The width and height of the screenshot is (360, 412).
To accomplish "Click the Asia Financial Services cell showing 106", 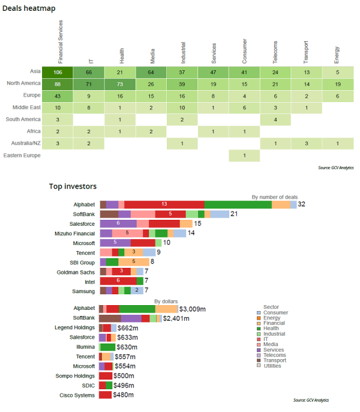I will (x=58, y=72).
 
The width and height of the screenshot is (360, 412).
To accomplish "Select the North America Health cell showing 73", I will (x=121, y=84).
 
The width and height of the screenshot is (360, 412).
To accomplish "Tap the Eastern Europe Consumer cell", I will (x=244, y=156).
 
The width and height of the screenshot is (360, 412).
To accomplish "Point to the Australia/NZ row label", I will (x=26, y=144).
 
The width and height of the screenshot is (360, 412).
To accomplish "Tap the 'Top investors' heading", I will (x=73, y=187).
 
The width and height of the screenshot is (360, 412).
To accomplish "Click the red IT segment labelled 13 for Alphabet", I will (x=164, y=204).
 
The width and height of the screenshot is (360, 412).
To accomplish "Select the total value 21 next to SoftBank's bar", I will (x=235, y=214).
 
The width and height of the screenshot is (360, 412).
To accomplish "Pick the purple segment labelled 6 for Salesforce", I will (x=118, y=223).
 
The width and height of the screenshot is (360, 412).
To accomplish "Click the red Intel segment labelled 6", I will (x=118, y=281).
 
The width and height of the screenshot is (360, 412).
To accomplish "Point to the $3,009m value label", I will (x=192, y=309).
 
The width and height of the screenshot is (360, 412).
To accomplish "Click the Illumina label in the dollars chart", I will (x=84, y=347).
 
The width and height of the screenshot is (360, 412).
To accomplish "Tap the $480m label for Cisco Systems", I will (x=123, y=395).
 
